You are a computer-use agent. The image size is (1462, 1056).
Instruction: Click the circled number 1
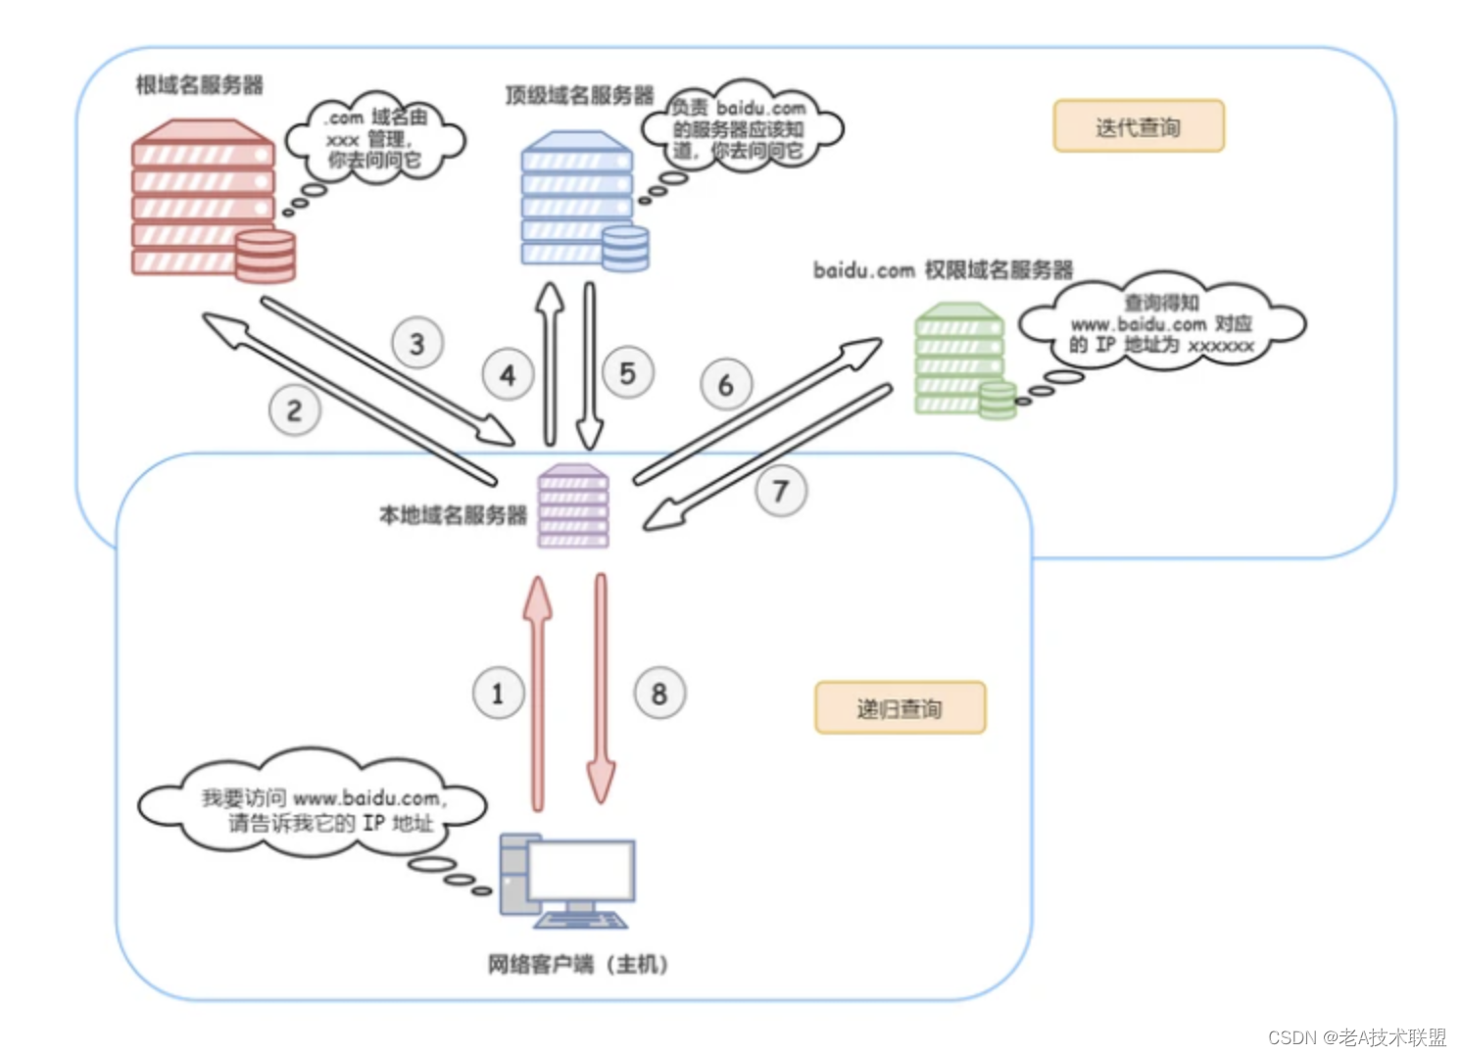point(498,694)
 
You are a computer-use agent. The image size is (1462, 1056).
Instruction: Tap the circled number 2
point(294,410)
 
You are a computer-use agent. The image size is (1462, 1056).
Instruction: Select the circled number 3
point(417,344)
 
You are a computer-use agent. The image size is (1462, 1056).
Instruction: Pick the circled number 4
point(508,375)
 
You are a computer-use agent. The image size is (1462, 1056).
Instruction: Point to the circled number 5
point(628,373)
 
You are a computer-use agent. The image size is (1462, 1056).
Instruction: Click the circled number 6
point(726,385)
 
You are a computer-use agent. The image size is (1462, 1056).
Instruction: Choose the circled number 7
point(781,491)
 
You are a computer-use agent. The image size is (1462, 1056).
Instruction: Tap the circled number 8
point(659,694)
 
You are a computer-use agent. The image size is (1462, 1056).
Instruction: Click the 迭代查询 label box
point(1139,126)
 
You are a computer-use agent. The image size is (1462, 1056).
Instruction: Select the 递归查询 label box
point(900,707)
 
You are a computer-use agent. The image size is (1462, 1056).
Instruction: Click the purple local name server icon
point(573,505)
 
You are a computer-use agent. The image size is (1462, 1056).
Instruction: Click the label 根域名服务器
point(199,85)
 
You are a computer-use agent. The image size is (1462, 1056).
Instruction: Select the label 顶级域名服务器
point(579,95)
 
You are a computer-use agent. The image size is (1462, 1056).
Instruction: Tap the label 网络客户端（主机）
point(578,965)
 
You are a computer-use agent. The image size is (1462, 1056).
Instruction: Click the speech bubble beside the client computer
point(314,809)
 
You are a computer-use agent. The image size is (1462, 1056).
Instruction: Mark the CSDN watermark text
point(1356,1037)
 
